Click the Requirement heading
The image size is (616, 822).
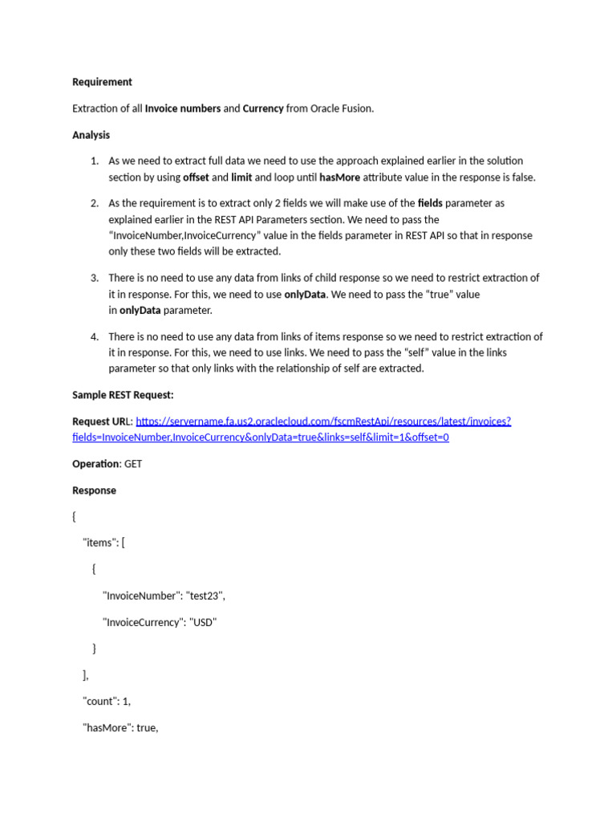(x=102, y=82)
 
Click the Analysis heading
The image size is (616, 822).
(x=91, y=135)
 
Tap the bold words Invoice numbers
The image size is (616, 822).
(x=182, y=108)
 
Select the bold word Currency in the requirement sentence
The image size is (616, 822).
(x=263, y=108)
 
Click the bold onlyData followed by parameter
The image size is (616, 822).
(x=140, y=310)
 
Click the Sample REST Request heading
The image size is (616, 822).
(x=123, y=395)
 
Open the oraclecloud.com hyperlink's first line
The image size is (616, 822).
(x=323, y=421)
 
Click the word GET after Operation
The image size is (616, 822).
(x=133, y=464)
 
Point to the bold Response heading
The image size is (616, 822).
(x=94, y=490)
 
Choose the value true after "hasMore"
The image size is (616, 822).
(x=147, y=728)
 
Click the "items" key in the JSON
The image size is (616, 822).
(x=99, y=543)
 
